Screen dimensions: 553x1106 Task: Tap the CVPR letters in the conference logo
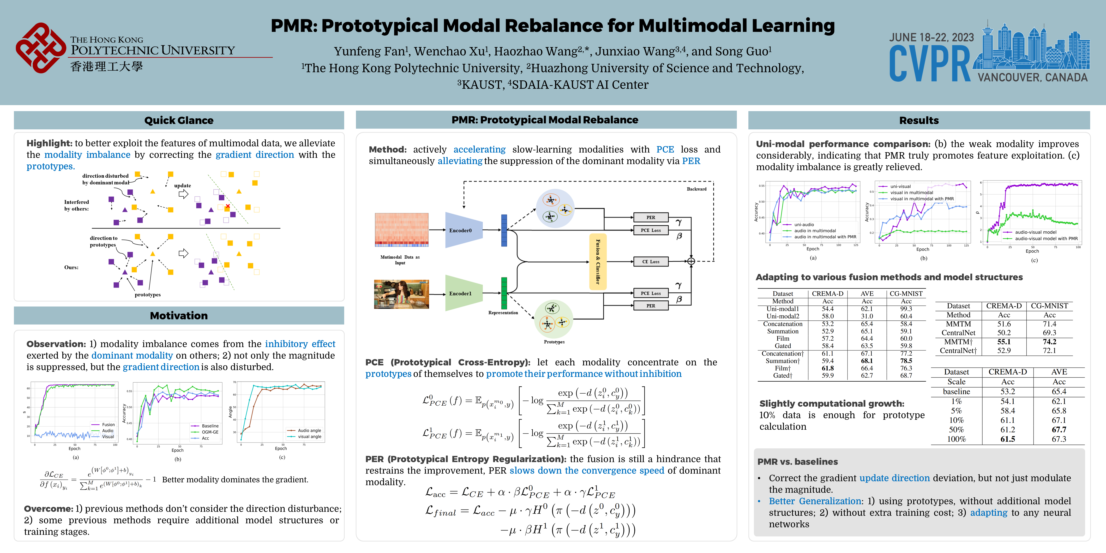[930, 64]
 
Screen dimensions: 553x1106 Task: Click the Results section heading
[919, 120]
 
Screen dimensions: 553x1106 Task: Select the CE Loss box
[650, 261]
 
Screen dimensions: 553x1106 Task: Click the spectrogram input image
[402, 230]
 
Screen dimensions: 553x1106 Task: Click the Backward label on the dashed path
[696, 189]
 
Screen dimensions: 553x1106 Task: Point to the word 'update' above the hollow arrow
[182, 186]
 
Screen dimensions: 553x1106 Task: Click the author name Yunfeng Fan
[369, 52]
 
